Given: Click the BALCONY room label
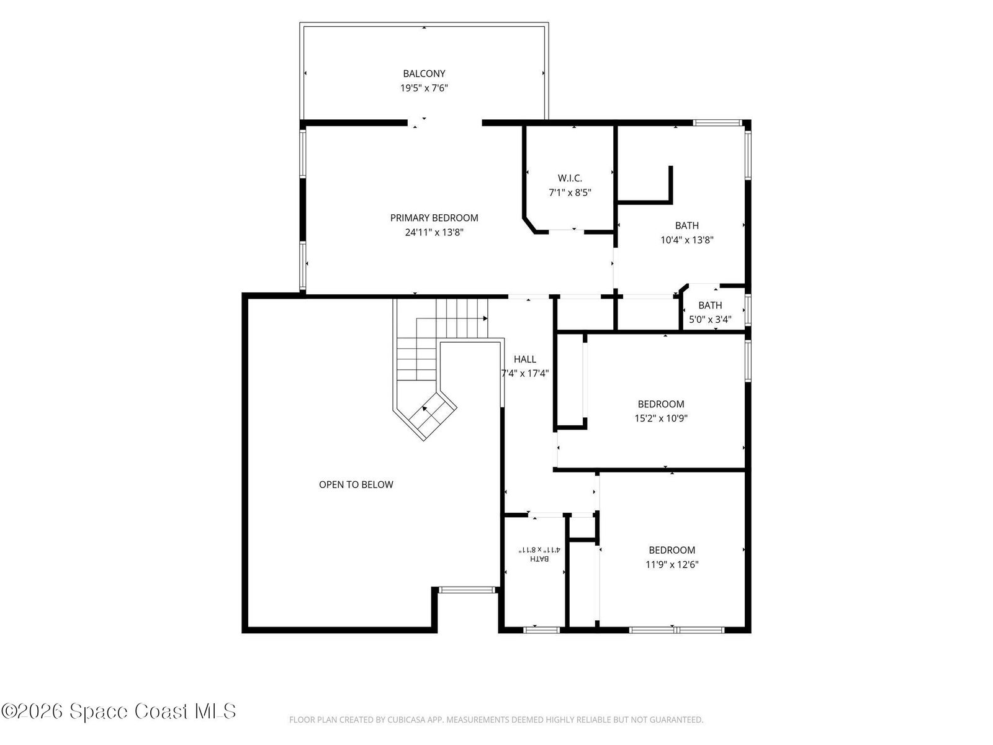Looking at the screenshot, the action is [424, 73].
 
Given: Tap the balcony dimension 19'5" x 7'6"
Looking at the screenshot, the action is [424, 88].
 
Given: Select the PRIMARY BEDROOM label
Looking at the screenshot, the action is [434, 217].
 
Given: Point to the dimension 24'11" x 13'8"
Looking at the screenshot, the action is [434, 232].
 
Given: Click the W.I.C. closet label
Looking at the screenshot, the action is [570, 178].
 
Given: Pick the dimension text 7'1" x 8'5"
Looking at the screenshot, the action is [570, 192].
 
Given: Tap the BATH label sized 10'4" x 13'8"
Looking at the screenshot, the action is [687, 225].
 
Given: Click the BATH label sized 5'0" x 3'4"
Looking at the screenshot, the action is [710, 305].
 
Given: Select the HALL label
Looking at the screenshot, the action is [525, 359].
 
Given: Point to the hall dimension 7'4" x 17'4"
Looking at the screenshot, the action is [525, 373].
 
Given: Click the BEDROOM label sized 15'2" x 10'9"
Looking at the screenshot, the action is [661, 404].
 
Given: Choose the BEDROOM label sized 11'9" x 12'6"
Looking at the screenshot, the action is [672, 550].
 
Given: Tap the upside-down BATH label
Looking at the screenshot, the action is [539, 559].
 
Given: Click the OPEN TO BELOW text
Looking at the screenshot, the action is [356, 484].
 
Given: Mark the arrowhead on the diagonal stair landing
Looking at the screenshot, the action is [425, 409].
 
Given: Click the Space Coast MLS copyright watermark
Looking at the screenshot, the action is [119, 711].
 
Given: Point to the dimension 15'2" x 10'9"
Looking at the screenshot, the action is [661, 418].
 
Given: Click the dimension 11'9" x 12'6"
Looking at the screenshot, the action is [672, 564].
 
